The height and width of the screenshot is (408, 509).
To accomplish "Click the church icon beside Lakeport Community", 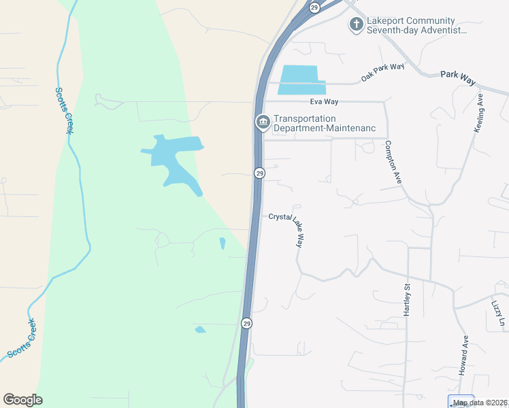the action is (x=356, y=25).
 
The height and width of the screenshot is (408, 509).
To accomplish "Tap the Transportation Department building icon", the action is (x=263, y=122).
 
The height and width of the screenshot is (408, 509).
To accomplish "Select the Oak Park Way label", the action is (x=382, y=72).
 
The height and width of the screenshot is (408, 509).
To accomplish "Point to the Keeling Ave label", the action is (x=479, y=113).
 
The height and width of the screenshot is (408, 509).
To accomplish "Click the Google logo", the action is (x=22, y=400).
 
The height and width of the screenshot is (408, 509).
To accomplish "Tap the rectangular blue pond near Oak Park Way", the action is (x=299, y=80).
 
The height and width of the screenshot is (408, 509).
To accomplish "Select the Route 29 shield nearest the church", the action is (x=314, y=7).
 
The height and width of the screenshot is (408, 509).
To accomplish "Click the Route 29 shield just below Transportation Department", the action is (x=259, y=173).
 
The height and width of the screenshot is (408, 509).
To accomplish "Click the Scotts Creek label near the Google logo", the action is (x=21, y=339).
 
